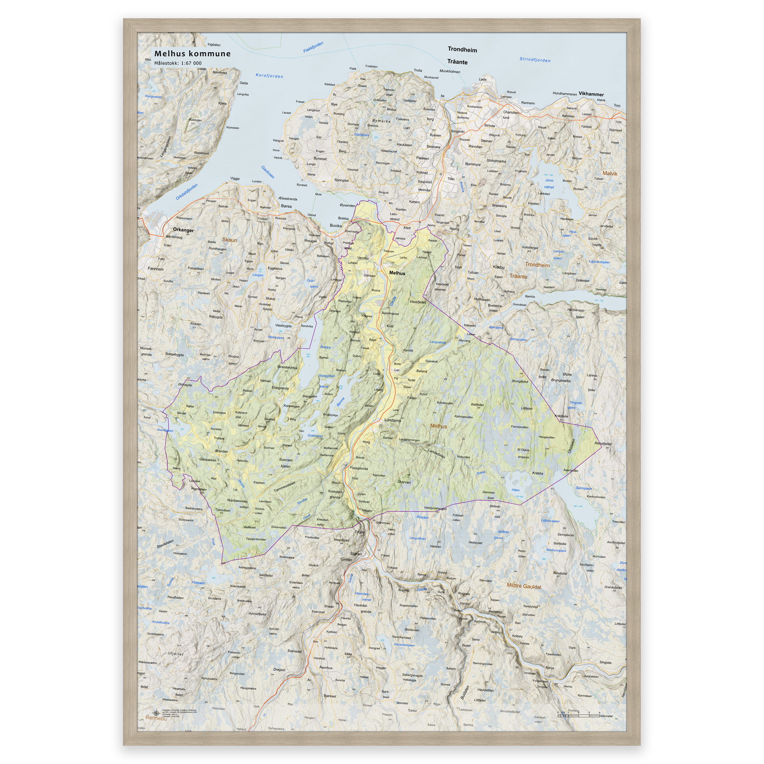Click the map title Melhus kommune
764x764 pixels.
[x=192, y=54]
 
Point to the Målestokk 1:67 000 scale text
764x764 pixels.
[x=178, y=63]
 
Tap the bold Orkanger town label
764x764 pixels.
[x=183, y=230]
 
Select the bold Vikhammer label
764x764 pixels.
[x=591, y=94]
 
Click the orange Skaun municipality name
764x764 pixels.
[x=229, y=240]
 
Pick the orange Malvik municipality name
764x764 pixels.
[x=610, y=173]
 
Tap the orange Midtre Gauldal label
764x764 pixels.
[x=524, y=586]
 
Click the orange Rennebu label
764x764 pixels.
[x=156, y=718]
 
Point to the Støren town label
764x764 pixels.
[x=356, y=554]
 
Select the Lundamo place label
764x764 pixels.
[x=392, y=420]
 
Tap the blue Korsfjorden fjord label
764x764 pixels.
[x=269, y=75]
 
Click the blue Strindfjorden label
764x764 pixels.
[x=535, y=60]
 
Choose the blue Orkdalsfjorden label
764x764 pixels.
[x=187, y=191]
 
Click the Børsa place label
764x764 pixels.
[x=286, y=206]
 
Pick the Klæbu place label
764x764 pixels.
[x=499, y=267]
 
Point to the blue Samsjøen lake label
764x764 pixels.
[x=584, y=488]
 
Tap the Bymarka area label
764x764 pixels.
[x=381, y=121]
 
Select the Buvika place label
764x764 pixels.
[x=336, y=226]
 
